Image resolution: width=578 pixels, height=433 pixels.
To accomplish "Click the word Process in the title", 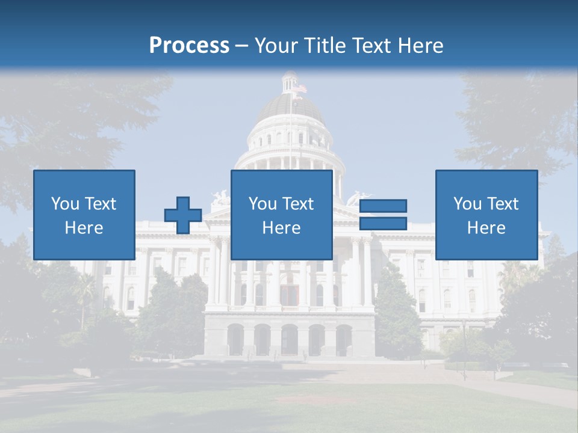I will [x=189, y=46].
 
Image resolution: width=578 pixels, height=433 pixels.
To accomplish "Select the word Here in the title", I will [x=420, y=46].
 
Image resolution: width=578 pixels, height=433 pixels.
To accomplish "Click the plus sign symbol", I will [x=183, y=215].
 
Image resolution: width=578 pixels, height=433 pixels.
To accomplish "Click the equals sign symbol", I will [x=383, y=215].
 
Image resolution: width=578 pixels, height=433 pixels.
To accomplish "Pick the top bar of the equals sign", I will [x=383, y=206].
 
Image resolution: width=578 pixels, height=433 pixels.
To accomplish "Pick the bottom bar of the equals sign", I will [x=383, y=223].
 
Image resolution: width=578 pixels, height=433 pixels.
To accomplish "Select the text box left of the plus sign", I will [x=84, y=215].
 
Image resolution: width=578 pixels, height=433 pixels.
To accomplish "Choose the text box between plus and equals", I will [x=281, y=215].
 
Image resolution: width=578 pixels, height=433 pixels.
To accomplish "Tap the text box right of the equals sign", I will [x=486, y=215].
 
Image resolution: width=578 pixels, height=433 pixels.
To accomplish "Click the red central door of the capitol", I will [x=290, y=295].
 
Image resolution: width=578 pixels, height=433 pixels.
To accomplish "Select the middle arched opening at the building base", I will [x=290, y=340].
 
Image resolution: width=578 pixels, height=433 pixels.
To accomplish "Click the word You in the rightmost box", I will [x=467, y=204].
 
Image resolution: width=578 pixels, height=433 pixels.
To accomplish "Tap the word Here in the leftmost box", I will [x=84, y=228].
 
